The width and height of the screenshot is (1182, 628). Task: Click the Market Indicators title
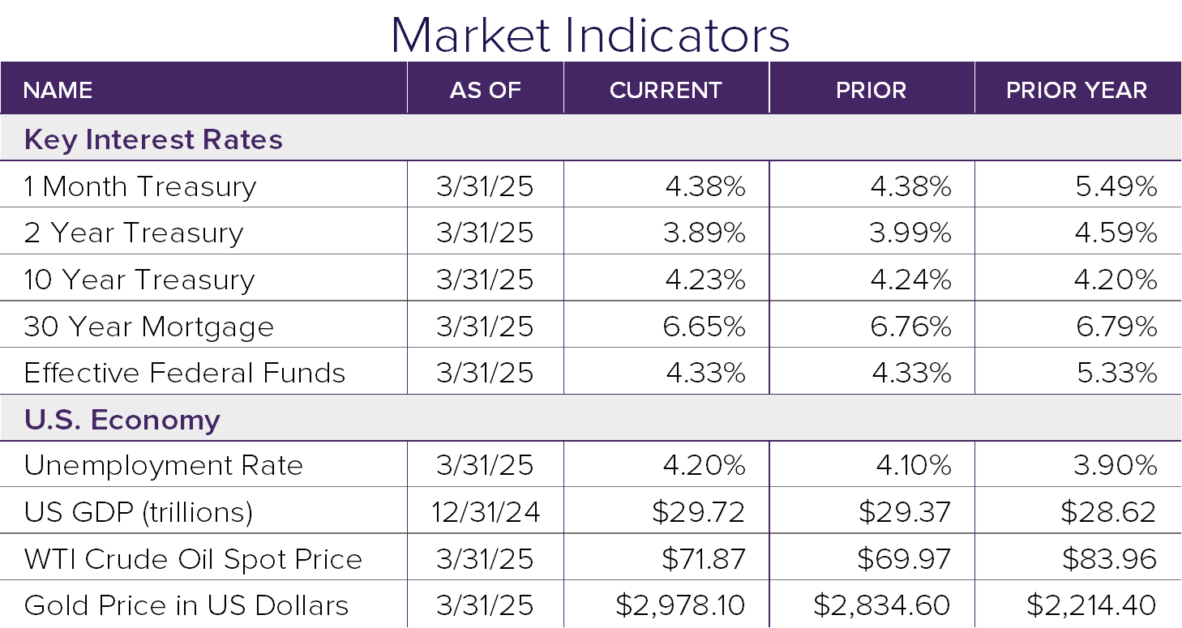(x=590, y=34)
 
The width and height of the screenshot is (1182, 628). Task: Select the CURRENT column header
(x=666, y=90)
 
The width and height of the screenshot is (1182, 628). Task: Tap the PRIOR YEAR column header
(x=1077, y=90)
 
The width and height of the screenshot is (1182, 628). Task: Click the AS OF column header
(x=485, y=90)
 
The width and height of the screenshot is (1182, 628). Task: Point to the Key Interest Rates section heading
(x=153, y=139)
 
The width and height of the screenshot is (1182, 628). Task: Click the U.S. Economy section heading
(x=122, y=420)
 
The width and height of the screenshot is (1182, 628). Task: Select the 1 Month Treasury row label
(x=139, y=187)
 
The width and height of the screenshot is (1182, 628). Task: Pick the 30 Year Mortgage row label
(x=148, y=327)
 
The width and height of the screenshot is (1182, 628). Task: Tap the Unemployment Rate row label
(x=163, y=466)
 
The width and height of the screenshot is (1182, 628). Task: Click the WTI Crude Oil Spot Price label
(x=193, y=559)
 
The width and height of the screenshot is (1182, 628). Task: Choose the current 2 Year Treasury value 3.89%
(x=704, y=233)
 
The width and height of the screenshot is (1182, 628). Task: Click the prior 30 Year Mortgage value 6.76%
(x=910, y=327)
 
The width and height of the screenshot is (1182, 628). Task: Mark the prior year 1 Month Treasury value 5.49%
(x=1116, y=187)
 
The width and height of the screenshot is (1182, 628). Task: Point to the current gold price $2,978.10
(x=679, y=605)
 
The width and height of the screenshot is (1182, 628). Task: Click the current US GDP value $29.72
(x=698, y=512)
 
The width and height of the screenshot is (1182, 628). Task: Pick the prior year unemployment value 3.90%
(x=1116, y=466)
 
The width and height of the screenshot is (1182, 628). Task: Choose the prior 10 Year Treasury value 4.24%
(x=910, y=280)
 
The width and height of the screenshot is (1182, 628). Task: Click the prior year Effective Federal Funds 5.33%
(x=1116, y=373)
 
